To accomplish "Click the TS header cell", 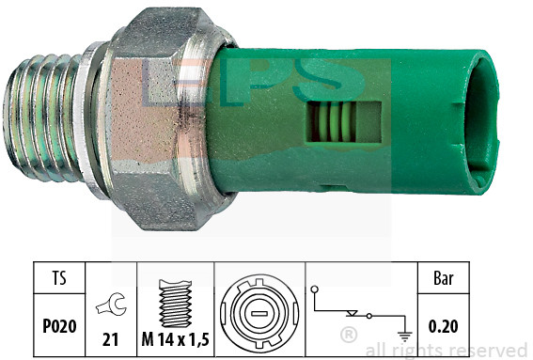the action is (x=59, y=277).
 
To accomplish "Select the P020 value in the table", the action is (x=59, y=326).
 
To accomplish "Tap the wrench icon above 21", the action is (x=111, y=304).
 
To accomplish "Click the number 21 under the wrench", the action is (x=111, y=339).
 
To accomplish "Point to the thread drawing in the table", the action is (x=176, y=304).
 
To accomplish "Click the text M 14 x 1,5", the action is (x=175, y=339).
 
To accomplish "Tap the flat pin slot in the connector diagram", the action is (x=259, y=313).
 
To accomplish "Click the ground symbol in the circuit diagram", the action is (x=404, y=337).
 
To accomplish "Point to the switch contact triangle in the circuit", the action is (x=352, y=313).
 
